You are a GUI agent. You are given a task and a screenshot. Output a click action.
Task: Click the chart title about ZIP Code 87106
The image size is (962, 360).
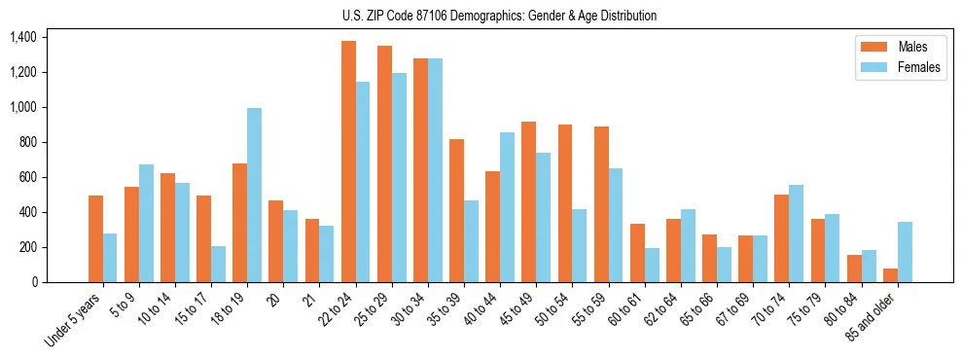499,16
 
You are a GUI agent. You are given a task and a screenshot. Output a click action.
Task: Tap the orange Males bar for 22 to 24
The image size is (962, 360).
348,162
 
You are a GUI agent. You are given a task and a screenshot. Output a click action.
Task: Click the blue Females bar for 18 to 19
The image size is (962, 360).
254,195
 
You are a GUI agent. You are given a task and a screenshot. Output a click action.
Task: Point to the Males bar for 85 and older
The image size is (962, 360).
890,275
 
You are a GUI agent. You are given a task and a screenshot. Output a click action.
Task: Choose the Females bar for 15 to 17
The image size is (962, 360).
218,264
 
